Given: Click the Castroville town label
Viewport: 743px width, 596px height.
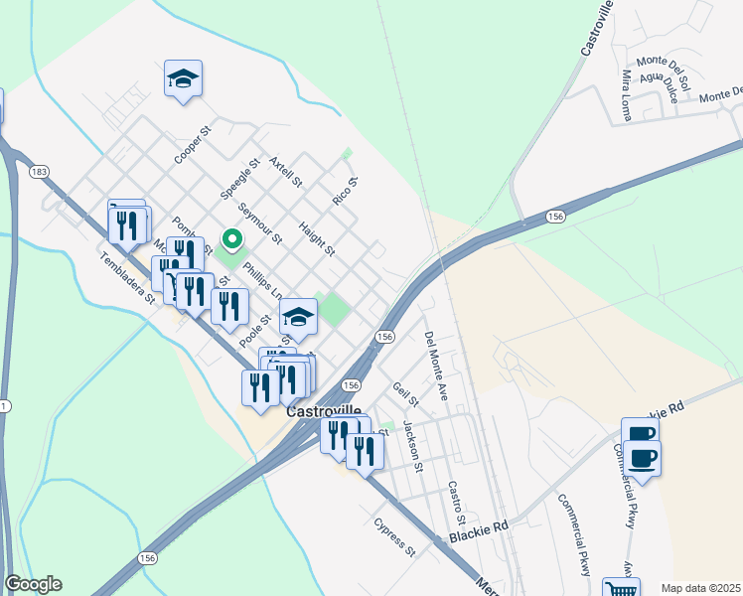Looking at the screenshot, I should coord(322,409).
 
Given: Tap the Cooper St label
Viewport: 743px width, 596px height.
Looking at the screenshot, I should coord(193,144).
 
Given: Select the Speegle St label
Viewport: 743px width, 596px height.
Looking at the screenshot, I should coord(239,176).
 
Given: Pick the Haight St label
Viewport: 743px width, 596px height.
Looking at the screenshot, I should coord(317,237).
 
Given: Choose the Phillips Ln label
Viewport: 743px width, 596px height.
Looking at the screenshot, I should coord(263,279).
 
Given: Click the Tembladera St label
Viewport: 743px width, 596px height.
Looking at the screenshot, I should coord(128,275).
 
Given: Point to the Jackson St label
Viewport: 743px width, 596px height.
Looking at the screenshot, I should coord(413,446).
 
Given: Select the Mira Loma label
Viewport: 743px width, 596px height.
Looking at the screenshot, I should coord(627,94).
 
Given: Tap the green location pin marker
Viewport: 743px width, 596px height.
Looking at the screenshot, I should coord(232,240).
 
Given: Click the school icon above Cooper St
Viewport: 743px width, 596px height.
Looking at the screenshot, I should coord(183,79).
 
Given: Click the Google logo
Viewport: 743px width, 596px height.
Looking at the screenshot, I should coord(33,584).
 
